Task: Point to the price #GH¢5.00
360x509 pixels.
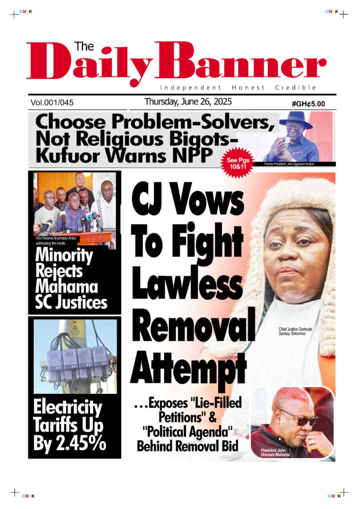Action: (308, 103)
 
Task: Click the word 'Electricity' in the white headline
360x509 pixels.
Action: (67, 408)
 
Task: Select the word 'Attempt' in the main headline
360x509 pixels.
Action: (188, 369)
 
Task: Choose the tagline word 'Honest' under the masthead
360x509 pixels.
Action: (248, 87)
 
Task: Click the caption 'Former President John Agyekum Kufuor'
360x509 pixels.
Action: (290, 164)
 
